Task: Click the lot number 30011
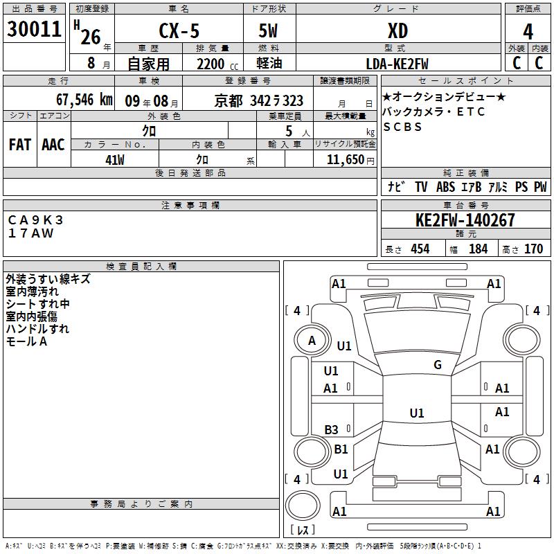click(x=34, y=29)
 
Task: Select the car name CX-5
click(x=179, y=30)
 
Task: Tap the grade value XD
click(x=397, y=30)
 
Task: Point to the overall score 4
click(x=528, y=32)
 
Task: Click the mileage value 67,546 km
click(x=84, y=100)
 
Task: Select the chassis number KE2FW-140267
click(x=465, y=220)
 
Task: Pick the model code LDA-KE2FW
click(x=397, y=64)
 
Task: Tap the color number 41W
click(x=115, y=160)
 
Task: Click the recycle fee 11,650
click(x=345, y=160)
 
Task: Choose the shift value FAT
click(x=20, y=145)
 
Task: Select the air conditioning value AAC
click(x=53, y=145)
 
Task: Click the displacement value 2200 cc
click(x=217, y=64)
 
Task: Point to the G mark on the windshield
click(x=438, y=364)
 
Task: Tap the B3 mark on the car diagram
click(x=332, y=429)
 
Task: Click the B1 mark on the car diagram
click(x=341, y=449)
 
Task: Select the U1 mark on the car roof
click(x=417, y=413)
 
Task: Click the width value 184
click(x=478, y=249)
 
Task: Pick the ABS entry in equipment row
click(x=445, y=187)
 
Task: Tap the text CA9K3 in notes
click(x=35, y=220)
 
